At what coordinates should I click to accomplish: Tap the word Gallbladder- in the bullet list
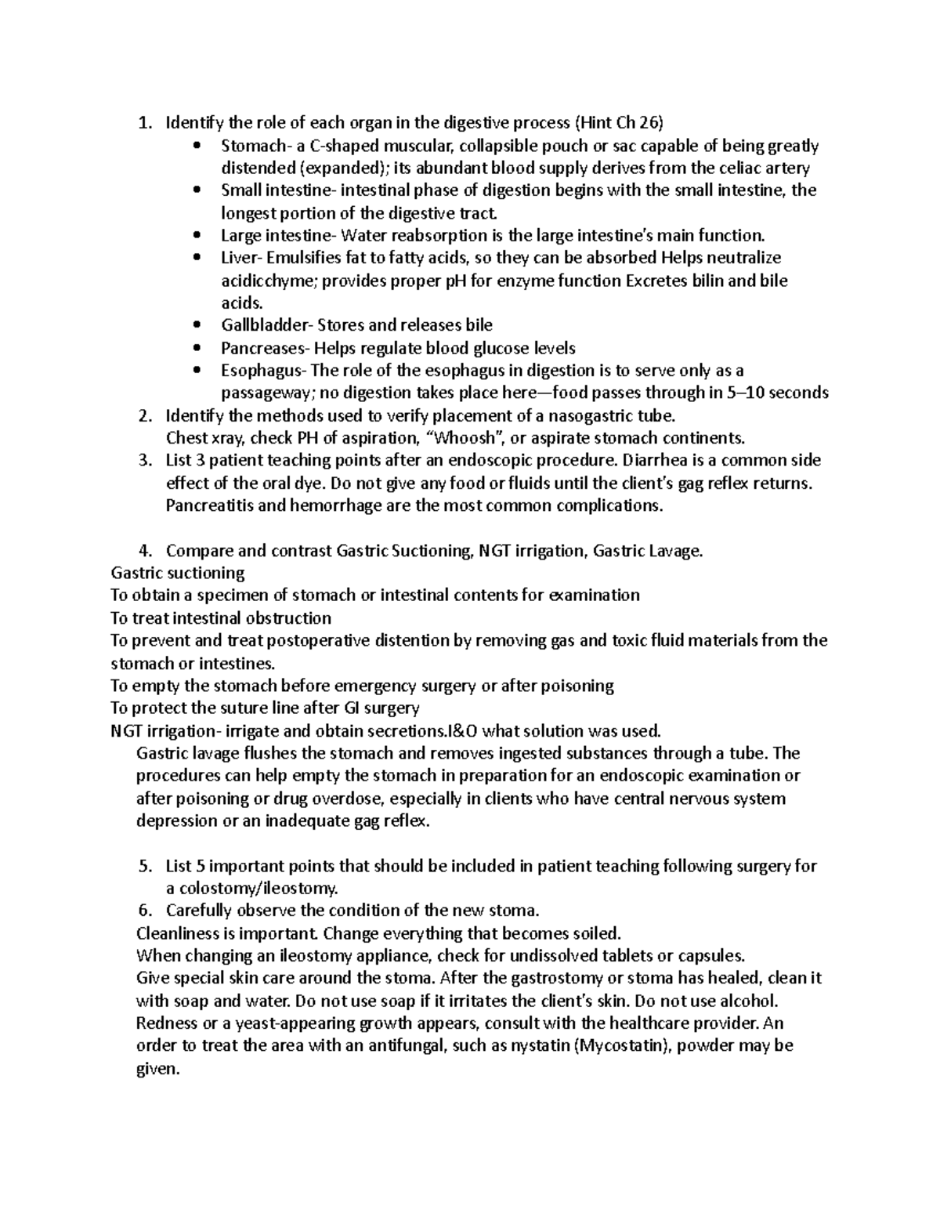[266, 325]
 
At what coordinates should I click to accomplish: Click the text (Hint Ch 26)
[619, 123]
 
